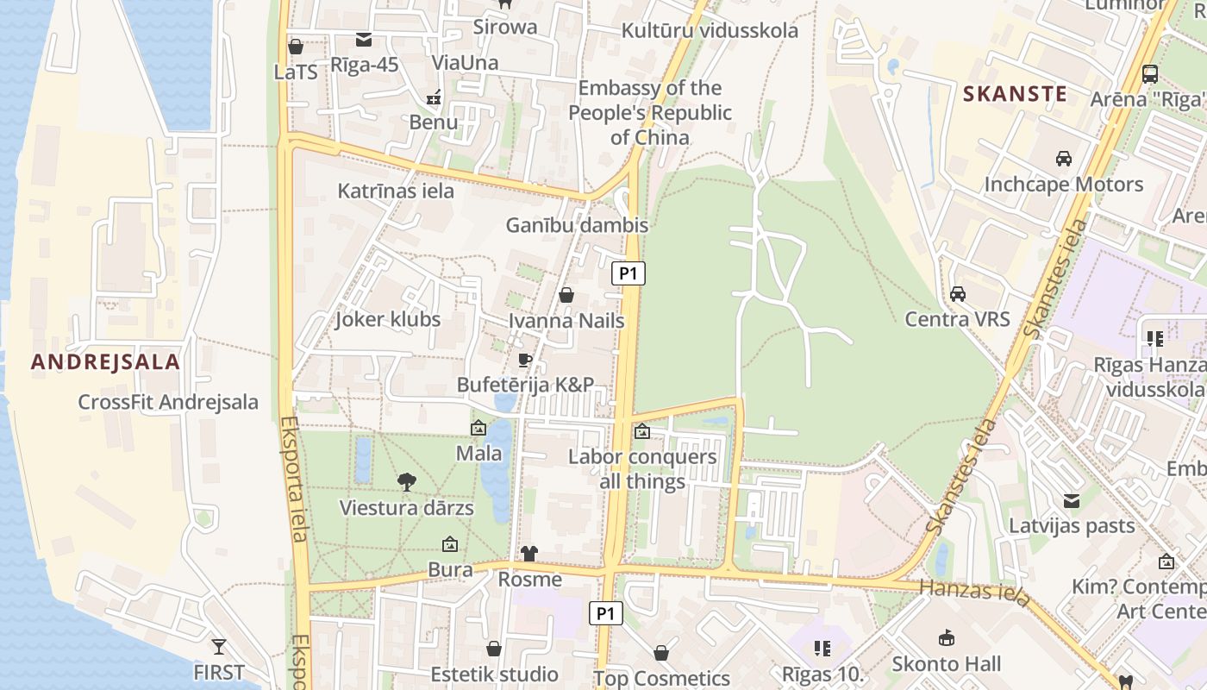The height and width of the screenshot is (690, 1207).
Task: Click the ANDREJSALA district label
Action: tap(105, 362)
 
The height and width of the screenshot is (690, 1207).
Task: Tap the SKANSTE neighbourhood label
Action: tap(1015, 94)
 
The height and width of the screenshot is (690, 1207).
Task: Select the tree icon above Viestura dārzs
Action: tap(406, 482)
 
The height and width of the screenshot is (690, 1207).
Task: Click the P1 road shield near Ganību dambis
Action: tap(629, 274)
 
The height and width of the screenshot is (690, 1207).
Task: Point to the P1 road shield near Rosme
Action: tap(605, 613)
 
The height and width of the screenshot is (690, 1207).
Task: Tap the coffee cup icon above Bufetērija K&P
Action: tap(525, 360)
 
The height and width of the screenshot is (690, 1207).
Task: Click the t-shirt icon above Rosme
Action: tap(528, 554)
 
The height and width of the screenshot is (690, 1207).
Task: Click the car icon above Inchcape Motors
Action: tap(1063, 159)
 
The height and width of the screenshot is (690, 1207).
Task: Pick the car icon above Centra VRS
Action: tap(957, 294)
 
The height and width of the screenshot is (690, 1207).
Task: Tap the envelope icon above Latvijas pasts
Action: tap(1072, 500)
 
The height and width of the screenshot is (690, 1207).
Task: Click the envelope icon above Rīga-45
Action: tap(364, 40)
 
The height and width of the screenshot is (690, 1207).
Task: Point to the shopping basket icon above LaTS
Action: tap(296, 47)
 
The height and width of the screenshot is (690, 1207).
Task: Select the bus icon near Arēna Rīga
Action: tap(1149, 73)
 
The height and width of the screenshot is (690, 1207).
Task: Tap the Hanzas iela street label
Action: tap(975, 593)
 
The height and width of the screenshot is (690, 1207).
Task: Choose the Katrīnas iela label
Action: tap(396, 191)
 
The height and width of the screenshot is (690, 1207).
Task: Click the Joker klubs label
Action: tap(387, 319)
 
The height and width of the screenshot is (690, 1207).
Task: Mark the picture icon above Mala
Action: tap(478, 428)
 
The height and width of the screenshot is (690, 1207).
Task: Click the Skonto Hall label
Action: tap(946, 663)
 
